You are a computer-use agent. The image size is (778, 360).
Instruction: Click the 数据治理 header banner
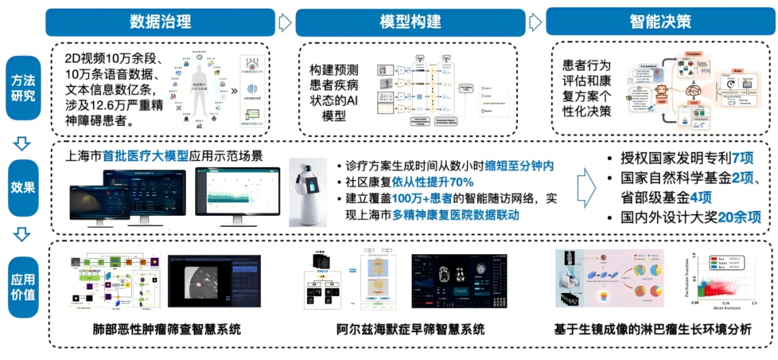(x=160, y=22)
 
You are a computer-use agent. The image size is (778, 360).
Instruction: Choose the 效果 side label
(x=22, y=187)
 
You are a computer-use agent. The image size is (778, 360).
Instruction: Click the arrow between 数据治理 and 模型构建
(x=285, y=22)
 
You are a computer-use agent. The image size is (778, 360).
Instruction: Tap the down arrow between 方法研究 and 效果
(x=22, y=143)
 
